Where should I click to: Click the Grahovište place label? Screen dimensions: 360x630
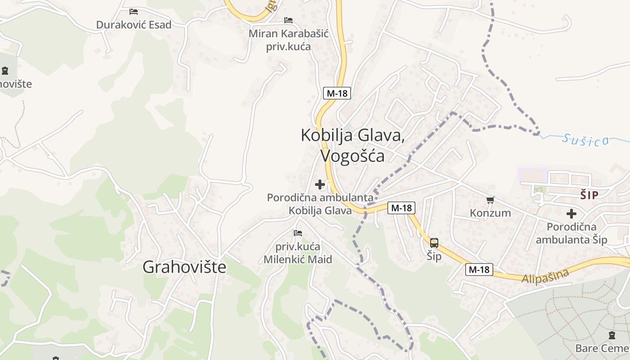[x=184, y=267]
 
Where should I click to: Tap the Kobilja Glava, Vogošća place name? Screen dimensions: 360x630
[x=352, y=145]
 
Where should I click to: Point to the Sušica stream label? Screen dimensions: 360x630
[x=585, y=140]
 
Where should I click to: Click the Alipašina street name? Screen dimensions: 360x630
[x=545, y=275]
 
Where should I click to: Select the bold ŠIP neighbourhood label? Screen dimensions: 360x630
[x=589, y=195]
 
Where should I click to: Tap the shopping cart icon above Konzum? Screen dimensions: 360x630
[x=490, y=200]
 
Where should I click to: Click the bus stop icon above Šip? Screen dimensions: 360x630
[x=434, y=243]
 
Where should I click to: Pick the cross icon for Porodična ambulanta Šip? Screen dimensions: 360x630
[x=571, y=214]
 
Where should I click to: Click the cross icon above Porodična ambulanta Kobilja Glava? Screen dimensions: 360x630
[x=320, y=184]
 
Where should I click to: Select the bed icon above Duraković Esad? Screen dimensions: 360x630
[x=134, y=12]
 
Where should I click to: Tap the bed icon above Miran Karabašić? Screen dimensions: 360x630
[x=288, y=20]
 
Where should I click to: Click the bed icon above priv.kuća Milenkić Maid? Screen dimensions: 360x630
[x=297, y=233]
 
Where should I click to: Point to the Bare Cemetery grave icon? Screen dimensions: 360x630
[x=612, y=335]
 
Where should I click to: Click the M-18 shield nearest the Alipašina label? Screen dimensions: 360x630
[x=479, y=270]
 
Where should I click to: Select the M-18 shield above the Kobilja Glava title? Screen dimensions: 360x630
[x=337, y=94]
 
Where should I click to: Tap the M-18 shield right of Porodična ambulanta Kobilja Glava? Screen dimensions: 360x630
[x=401, y=208]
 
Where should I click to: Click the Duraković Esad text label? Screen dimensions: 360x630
[x=134, y=25]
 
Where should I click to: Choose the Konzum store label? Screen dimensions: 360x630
[x=490, y=213]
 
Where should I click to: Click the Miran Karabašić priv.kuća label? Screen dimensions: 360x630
[x=288, y=40]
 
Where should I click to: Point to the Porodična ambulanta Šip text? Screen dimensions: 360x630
[x=571, y=233]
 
